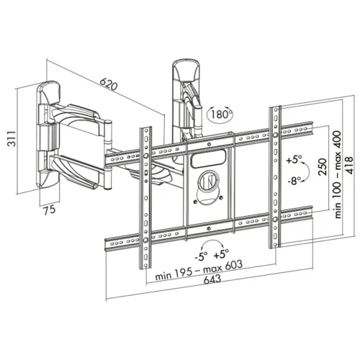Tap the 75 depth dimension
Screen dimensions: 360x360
point(48,211)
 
